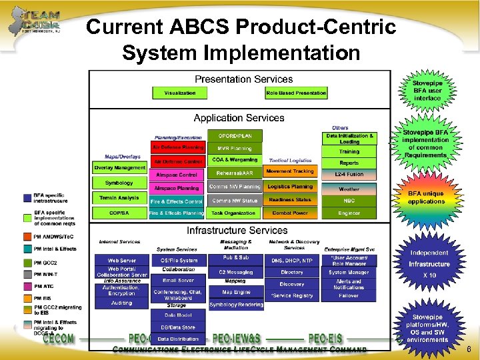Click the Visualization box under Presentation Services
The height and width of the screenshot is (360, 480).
coord(180,93)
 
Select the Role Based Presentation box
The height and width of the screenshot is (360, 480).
coord(297,93)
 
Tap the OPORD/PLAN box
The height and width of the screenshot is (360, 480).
coord(235,136)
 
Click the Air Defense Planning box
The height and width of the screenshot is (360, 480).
coord(177,147)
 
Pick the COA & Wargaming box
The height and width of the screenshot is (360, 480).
coord(235,161)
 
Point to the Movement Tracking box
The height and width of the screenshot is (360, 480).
coord(290,172)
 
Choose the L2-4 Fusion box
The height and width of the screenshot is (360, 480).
coord(349,175)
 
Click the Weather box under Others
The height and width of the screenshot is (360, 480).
coord(349,189)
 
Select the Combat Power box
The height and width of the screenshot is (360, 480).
coord(290,213)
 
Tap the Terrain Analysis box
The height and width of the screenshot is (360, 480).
coord(119,198)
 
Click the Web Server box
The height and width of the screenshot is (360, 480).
coord(121,260)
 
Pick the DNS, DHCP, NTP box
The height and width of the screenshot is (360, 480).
coord(292,260)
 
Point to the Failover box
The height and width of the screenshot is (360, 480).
coord(349,296)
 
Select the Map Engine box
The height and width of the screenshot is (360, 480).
coord(236,292)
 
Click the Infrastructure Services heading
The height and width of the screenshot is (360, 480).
coord(238,231)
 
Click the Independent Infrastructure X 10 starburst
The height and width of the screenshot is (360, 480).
coord(429,264)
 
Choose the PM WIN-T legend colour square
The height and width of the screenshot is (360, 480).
coord(27,273)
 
